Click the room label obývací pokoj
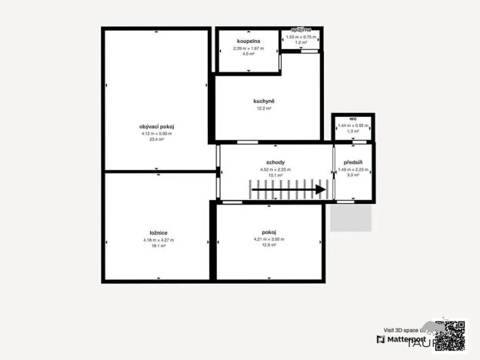coord(156,127)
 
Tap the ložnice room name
coord(158,232)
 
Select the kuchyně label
coord(264,102)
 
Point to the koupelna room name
coord(248,41)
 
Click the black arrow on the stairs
coord(288,189)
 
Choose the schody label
coord(275,162)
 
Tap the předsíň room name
coord(353,162)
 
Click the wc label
coord(353,119)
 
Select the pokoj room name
coord(269,232)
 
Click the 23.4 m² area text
coord(156,140)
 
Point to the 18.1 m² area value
coord(158,246)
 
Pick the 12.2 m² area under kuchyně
coord(264,108)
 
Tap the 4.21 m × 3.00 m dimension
coord(269,238)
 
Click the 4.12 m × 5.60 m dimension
coord(156,134)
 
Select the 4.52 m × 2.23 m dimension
coord(275,169)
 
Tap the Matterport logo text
coord(408,338)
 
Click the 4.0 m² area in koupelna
coord(248,54)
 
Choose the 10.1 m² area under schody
coord(275,175)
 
